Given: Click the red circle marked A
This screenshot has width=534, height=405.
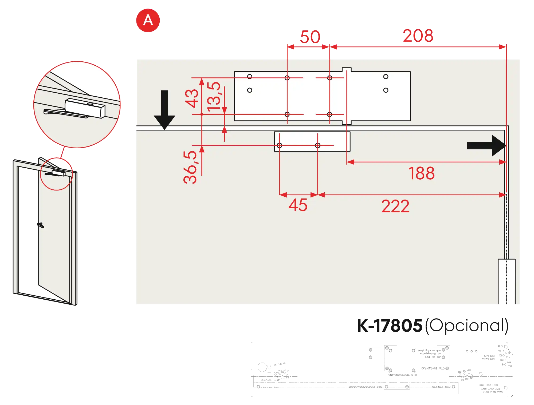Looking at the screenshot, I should coord(148,20).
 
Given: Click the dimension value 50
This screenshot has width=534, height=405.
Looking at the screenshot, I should coord(310,37).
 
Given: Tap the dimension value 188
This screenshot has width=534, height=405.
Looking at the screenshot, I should coord(421,173).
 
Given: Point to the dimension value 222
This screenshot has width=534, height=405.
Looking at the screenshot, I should coord(395,206).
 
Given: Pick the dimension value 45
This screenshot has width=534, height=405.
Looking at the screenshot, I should coord(298,205).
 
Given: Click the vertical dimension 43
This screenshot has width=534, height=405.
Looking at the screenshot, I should coord(192,98).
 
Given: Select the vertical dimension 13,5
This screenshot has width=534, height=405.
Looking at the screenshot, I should coord(214,97).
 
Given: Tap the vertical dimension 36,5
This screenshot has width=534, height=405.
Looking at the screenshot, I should coord(190,167).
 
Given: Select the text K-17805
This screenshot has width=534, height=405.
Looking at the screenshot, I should coord(390,326).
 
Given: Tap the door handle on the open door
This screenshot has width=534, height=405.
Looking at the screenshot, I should coord(41,225).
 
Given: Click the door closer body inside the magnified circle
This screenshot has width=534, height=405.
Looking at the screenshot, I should coord(85,108).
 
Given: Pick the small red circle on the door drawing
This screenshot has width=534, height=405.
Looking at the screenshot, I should coord(56,174).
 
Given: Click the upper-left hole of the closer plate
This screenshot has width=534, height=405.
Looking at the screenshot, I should coord(250,77).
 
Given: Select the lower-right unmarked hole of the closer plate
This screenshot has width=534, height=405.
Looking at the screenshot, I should coord(386,90).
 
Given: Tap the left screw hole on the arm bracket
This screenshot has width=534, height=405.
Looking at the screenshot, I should coord(279,145).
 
